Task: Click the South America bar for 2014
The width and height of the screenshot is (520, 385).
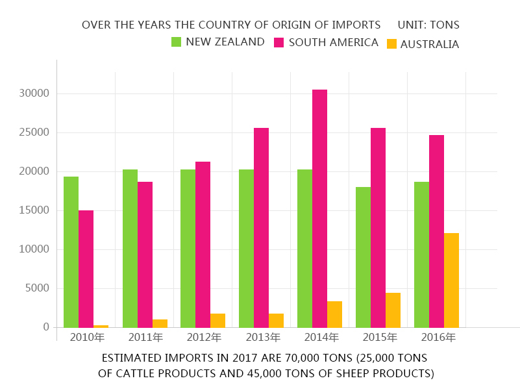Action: (x=319, y=208)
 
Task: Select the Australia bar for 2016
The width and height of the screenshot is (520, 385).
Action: (x=451, y=280)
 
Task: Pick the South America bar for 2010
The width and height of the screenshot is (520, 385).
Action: (x=86, y=269)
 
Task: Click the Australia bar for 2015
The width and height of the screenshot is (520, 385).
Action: (x=393, y=310)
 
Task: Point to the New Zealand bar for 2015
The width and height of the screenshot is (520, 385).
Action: (x=363, y=257)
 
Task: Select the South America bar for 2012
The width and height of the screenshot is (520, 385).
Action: (x=203, y=244)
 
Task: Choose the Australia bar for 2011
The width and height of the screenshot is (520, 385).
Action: (x=160, y=323)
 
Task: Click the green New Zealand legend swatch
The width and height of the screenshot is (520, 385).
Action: (x=176, y=42)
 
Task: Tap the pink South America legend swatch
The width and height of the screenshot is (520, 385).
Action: (x=279, y=43)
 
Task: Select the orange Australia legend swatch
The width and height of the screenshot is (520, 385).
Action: (x=391, y=44)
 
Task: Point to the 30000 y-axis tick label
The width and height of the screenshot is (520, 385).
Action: (x=34, y=93)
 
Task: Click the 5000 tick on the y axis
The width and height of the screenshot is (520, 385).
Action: (x=37, y=288)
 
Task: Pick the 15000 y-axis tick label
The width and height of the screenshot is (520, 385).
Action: (x=34, y=210)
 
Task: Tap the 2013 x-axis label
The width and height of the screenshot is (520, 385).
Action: (x=263, y=338)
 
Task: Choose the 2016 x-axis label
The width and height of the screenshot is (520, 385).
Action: (x=438, y=338)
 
